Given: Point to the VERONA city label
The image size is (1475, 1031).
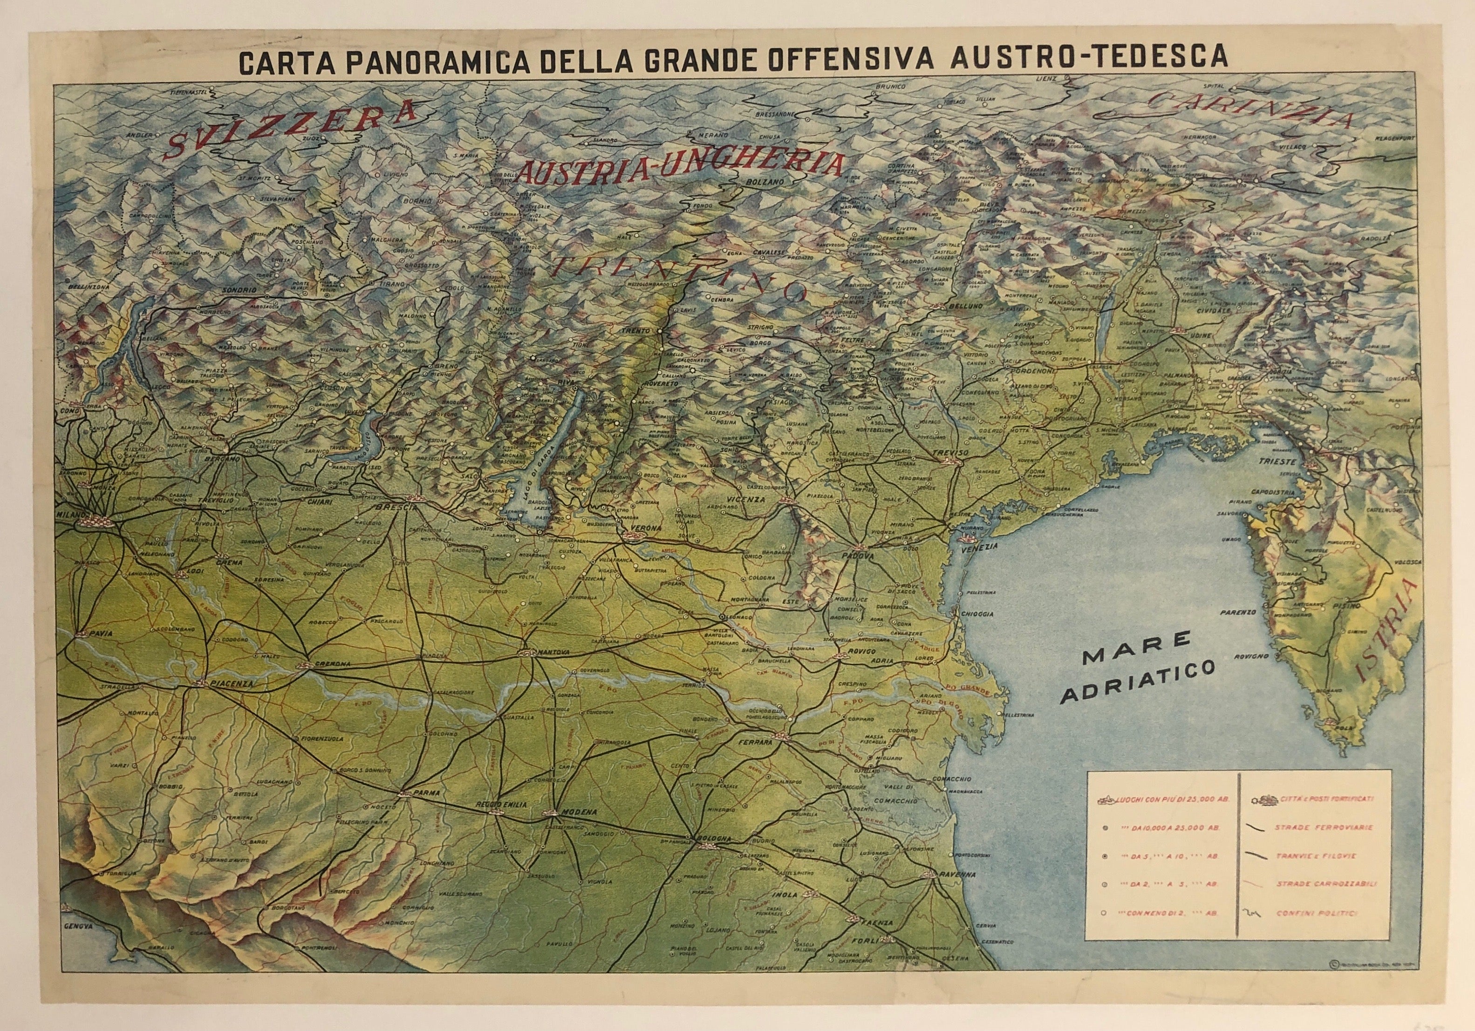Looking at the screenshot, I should pos(642,527).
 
